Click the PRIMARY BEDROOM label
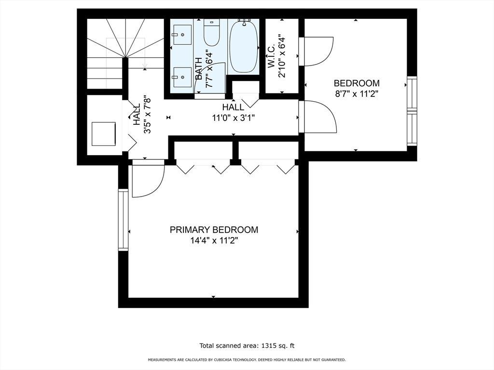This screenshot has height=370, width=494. (214, 230)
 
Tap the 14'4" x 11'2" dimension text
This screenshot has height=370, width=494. (214, 241)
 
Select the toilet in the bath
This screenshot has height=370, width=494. (211, 33)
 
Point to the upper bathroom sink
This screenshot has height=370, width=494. (182, 35)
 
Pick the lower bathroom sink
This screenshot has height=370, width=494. (182, 77)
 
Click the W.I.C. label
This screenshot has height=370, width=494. (272, 56)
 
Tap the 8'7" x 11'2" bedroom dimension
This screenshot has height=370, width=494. (357, 94)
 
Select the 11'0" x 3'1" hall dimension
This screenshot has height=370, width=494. (233, 118)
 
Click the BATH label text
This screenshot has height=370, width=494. (198, 68)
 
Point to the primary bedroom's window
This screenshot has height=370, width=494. (123, 220)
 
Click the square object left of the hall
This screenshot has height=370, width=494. (104, 134)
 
